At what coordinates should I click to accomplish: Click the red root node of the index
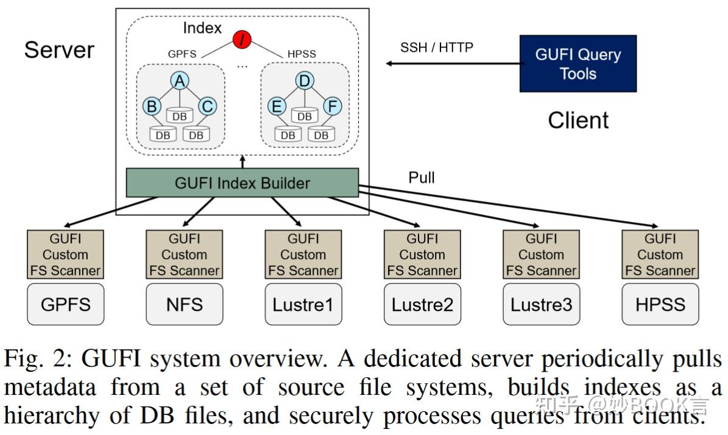click(242, 41)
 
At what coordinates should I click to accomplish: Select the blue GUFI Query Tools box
click(578, 64)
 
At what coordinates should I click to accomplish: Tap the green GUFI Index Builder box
click(242, 183)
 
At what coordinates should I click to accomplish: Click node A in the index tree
click(180, 80)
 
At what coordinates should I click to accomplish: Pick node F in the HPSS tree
click(333, 106)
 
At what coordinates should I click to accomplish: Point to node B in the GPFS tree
click(151, 106)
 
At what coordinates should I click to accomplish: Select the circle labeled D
click(304, 80)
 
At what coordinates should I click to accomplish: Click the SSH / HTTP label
click(436, 47)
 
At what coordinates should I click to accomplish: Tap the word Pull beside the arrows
click(422, 178)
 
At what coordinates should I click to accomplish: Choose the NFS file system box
click(185, 304)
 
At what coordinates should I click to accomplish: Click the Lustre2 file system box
click(422, 304)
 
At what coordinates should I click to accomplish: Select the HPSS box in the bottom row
click(660, 304)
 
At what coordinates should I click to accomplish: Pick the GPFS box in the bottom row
click(66, 304)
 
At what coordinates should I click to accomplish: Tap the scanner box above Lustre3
click(541, 254)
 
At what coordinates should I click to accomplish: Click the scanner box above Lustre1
click(303, 254)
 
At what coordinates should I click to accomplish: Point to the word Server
click(59, 49)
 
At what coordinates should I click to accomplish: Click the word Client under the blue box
click(578, 120)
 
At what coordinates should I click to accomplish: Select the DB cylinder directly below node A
click(180, 115)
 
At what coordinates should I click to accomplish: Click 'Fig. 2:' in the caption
click(39, 360)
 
